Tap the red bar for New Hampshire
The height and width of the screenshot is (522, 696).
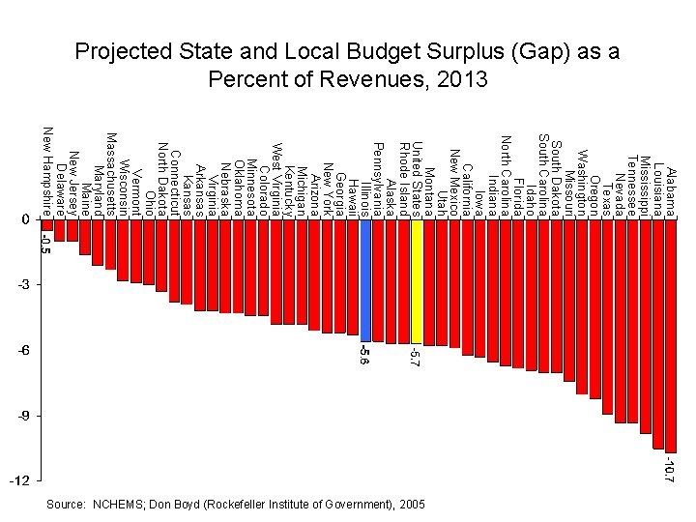tap(46, 225)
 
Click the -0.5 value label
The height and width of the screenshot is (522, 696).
tap(46, 244)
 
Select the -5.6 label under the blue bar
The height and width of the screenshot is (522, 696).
tap(365, 355)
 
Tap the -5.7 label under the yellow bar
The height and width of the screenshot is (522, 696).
tap(417, 357)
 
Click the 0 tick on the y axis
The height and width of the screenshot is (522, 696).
tap(26, 220)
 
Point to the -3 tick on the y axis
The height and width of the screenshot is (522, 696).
tap(23, 286)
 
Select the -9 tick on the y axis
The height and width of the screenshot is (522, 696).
tap(23, 416)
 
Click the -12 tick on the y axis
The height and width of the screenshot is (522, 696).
tap(21, 481)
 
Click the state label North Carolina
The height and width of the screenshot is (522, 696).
tap(505, 170)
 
